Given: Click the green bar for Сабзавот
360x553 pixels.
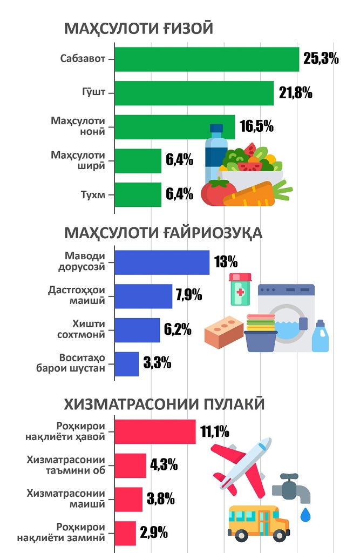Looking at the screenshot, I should (207, 59).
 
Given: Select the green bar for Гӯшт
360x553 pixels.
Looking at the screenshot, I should (194, 93).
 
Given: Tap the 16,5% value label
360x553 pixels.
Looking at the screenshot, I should (257, 127).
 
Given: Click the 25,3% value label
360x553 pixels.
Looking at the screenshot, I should (321, 59).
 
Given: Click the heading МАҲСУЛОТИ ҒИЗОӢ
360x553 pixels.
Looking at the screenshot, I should (139, 29).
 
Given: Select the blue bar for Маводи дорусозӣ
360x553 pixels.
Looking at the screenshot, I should (162, 262).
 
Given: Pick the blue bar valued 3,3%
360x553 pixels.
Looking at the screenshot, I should (127, 364).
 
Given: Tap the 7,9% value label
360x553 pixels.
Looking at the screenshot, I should (189, 295).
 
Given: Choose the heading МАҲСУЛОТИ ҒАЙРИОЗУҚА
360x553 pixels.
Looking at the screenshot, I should (163, 233).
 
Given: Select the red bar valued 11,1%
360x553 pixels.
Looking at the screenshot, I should (155, 432).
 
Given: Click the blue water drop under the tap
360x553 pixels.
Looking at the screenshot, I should (305, 514).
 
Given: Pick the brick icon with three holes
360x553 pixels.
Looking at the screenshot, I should (223, 329).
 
